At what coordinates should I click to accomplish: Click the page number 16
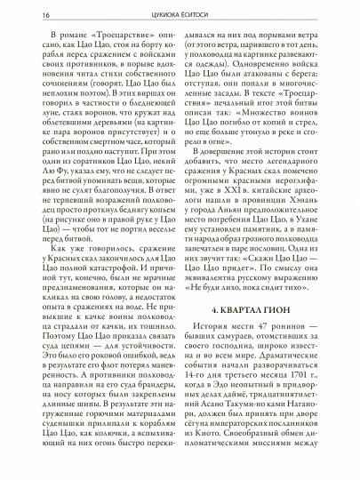pyautogui.click(x=19, y=15)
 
